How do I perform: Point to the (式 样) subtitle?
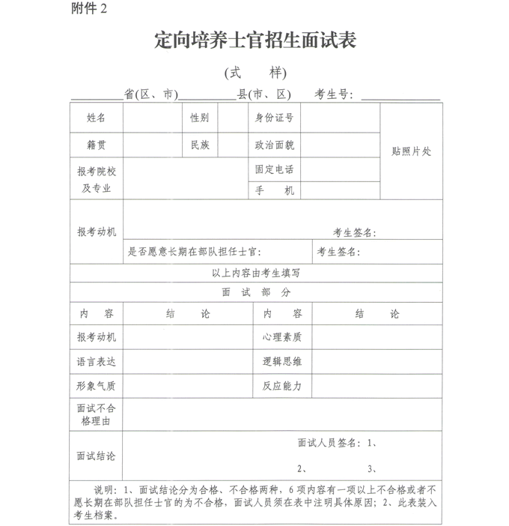coord(254,73)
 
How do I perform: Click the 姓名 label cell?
coord(97,118)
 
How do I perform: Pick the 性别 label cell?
coord(200,118)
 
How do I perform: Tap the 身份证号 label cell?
coord(274,118)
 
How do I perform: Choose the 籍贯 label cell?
coord(97,145)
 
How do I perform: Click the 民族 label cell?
coord(200,145)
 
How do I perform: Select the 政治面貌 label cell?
coord(274,145)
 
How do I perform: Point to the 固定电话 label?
coord(274,169)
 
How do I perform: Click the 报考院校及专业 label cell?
coord(97,180)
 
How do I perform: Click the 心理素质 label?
coord(282,337)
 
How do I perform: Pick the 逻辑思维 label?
coord(282,362)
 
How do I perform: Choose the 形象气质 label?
coord(97,386)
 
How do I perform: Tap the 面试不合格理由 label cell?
coord(97,415)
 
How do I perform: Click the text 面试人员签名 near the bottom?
coord(329,443)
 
